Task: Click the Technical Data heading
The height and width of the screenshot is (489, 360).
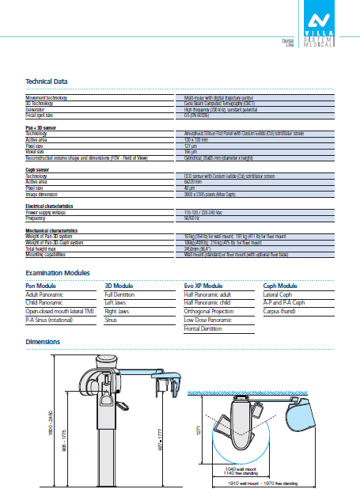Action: coord(47,81)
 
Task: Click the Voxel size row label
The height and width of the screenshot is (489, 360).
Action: coord(36,152)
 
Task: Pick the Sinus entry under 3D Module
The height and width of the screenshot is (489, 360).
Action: coord(113,320)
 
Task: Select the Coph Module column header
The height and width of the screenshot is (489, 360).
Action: coord(280,285)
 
